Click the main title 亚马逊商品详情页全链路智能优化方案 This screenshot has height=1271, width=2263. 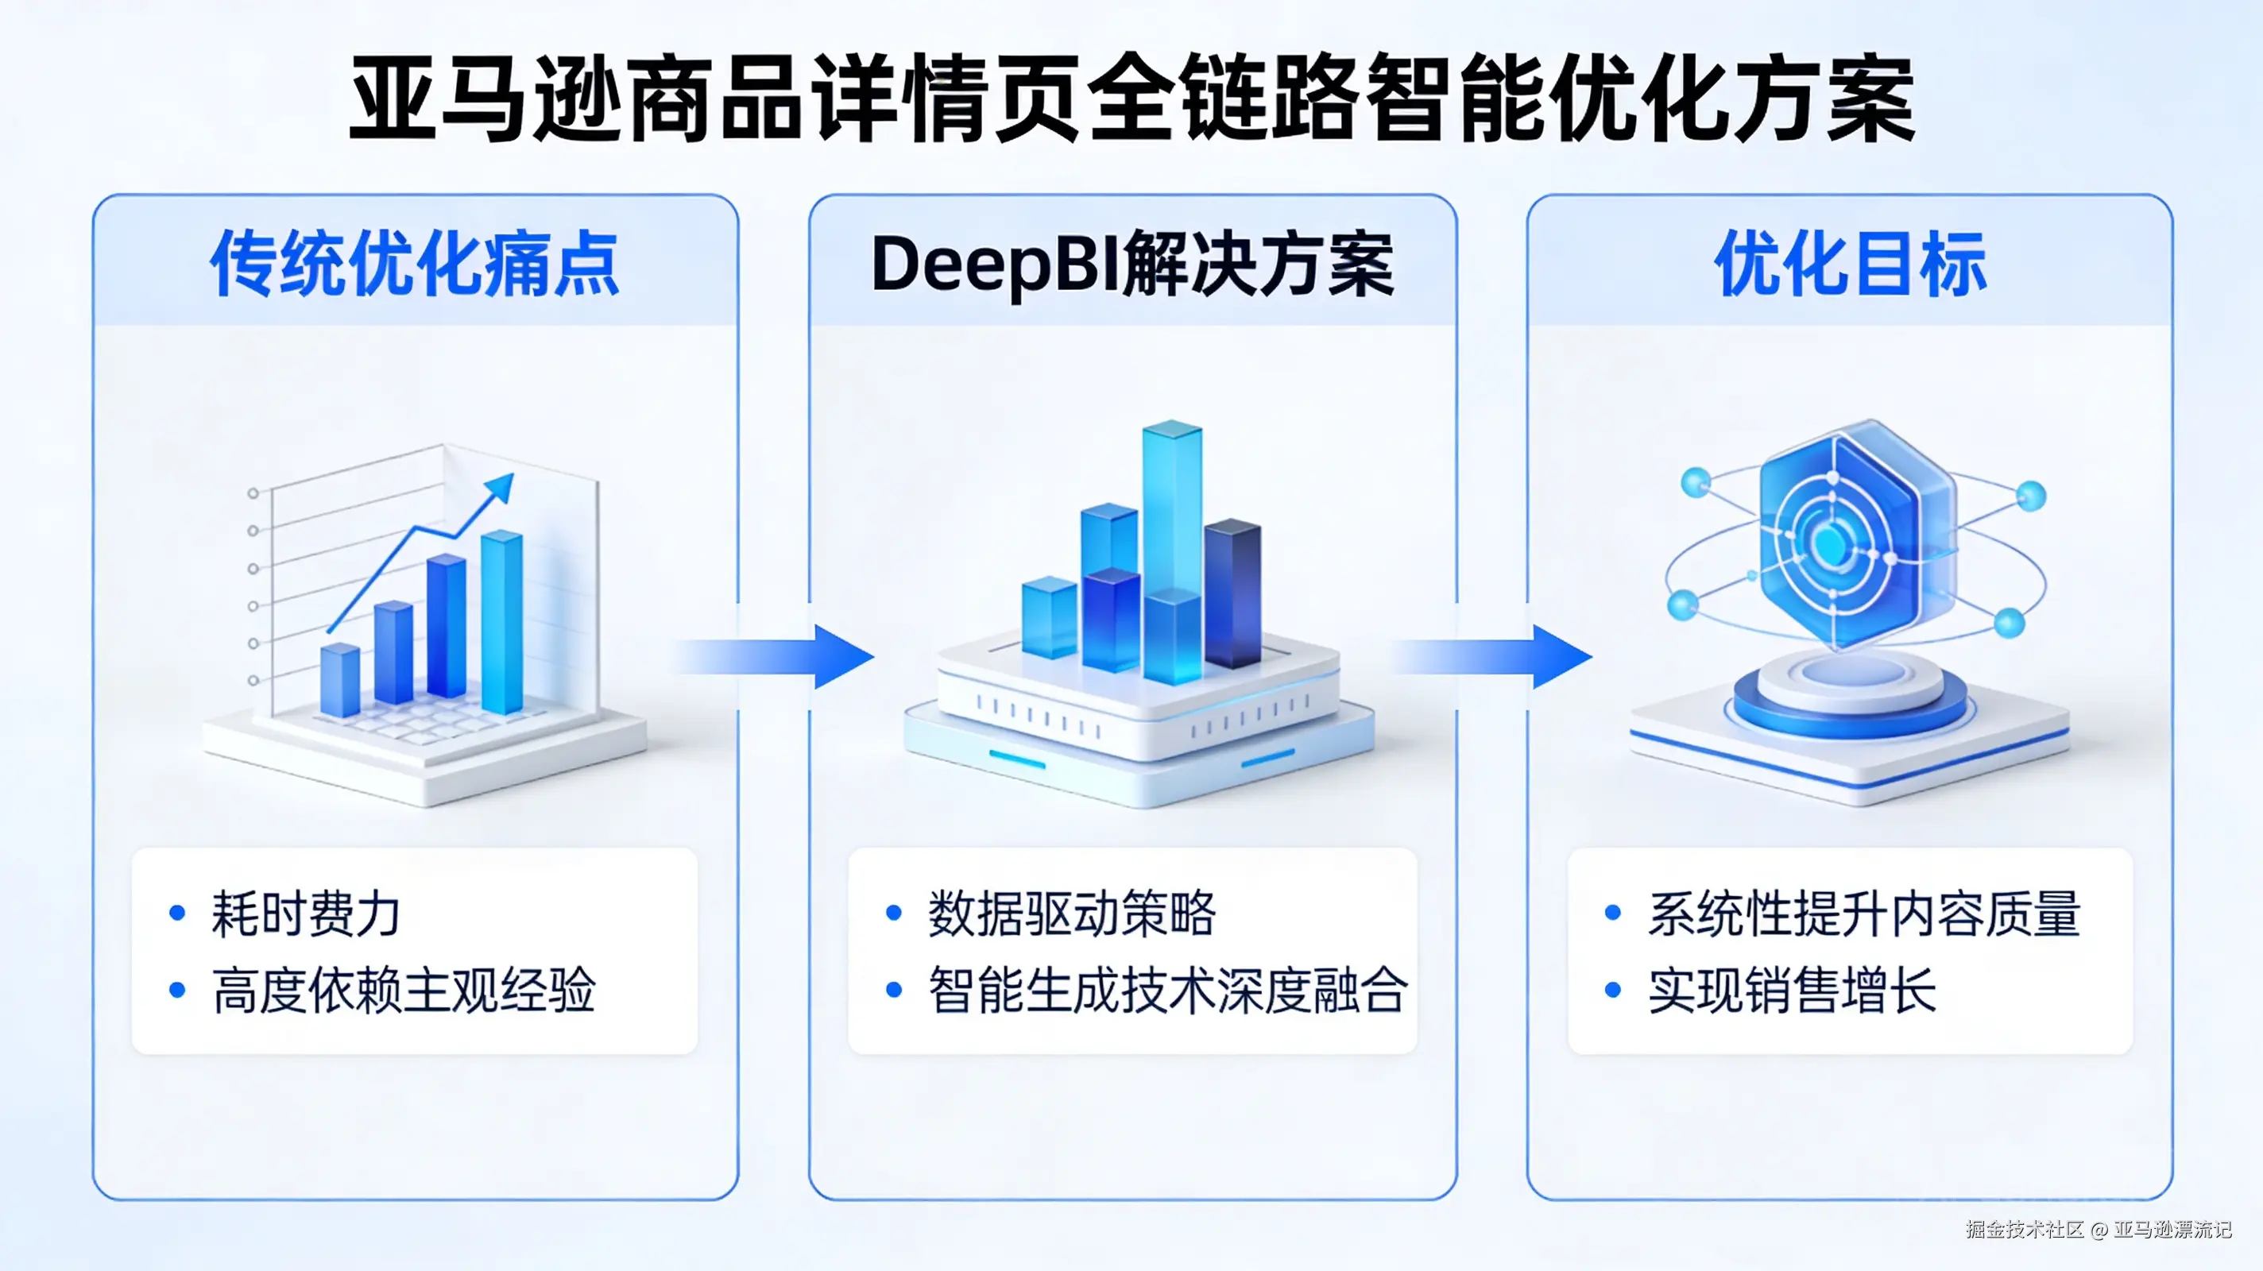click(x=1131, y=99)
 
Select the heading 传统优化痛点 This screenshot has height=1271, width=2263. click(x=415, y=264)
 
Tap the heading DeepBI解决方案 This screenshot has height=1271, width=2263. click(x=1131, y=264)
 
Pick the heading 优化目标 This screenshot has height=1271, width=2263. click(x=1850, y=264)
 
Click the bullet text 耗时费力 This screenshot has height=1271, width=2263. click(x=306, y=914)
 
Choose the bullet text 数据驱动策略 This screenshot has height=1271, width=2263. click(x=1072, y=914)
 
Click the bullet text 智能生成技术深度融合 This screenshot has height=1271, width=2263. click(x=1168, y=990)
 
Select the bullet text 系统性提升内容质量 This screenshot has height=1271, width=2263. click(x=1864, y=914)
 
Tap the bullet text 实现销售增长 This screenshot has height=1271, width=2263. click(x=1792, y=990)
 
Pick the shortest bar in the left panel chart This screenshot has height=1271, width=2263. click(x=339, y=681)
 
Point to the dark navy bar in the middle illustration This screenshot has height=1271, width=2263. click(x=1232, y=593)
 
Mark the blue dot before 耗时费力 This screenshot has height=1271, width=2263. click(x=177, y=914)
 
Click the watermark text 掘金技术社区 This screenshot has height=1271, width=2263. click(x=2024, y=1229)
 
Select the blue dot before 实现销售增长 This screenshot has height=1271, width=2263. click(x=1613, y=990)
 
